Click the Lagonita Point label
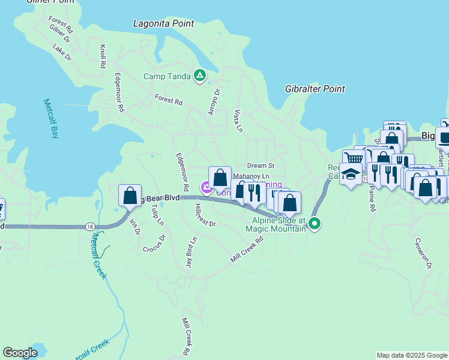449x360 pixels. [163, 24]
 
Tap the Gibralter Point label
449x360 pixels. [315, 89]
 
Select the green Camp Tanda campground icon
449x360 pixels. [200, 76]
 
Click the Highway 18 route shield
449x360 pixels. [90, 227]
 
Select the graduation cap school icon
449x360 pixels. [351, 173]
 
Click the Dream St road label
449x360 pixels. [261, 166]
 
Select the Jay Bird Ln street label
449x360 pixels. [191, 253]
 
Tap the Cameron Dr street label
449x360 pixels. [423, 252]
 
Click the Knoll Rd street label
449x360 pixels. [103, 55]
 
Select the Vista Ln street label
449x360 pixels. [238, 121]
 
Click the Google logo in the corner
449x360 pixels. [20, 353]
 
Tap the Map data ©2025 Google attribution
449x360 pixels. [411, 355]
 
